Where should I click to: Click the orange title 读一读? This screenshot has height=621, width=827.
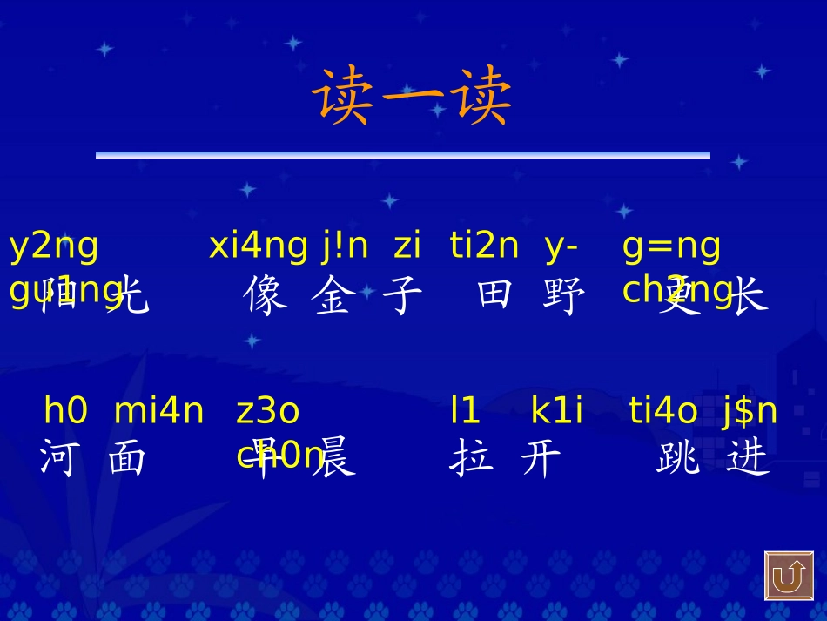click(x=412, y=97)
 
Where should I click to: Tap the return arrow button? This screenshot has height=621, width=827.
click(x=789, y=576)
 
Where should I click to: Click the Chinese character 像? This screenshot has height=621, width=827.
click(x=265, y=296)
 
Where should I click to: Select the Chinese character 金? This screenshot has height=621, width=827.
click(x=334, y=296)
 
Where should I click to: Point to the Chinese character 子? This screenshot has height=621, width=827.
click(x=402, y=296)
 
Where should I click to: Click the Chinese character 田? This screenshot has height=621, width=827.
click(x=494, y=296)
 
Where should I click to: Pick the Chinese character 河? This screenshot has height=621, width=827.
click(x=57, y=458)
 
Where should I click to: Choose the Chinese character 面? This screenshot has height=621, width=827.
click(x=127, y=458)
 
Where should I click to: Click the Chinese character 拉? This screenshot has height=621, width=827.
click(x=471, y=458)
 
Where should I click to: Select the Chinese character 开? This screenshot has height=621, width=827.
click(x=541, y=458)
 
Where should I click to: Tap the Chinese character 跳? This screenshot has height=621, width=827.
click(x=678, y=458)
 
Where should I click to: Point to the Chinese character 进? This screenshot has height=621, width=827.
click(x=748, y=458)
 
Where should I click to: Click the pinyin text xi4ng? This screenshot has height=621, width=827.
click(x=258, y=246)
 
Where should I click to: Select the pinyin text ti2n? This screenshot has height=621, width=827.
click(x=484, y=246)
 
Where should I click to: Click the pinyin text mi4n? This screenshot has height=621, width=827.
click(x=159, y=411)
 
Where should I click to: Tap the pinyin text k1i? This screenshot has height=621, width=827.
click(x=557, y=411)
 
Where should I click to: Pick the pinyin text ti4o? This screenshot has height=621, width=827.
click(x=663, y=411)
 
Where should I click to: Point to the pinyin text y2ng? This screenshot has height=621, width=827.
click(x=54, y=246)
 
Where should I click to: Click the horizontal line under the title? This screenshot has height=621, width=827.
click(x=402, y=155)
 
